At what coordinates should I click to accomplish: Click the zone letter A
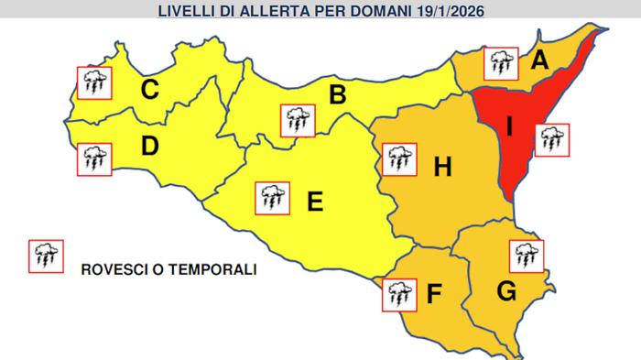[x=539, y=61]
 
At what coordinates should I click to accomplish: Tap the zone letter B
[x=337, y=93]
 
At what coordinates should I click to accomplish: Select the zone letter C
[x=149, y=89]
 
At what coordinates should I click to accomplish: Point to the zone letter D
[x=150, y=147]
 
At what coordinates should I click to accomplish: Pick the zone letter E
[x=314, y=202]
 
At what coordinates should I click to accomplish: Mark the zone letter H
[x=442, y=167]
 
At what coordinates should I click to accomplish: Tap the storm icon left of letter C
[x=93, y=82]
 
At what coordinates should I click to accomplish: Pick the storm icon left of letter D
[x=93, y=158]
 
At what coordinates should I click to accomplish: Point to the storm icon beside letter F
[x=398, y=293]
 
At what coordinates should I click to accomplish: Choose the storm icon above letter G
[x=527, y=255]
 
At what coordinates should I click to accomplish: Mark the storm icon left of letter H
[x=397, y=159]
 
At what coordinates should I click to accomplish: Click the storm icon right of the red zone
[x=552, y=140]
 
